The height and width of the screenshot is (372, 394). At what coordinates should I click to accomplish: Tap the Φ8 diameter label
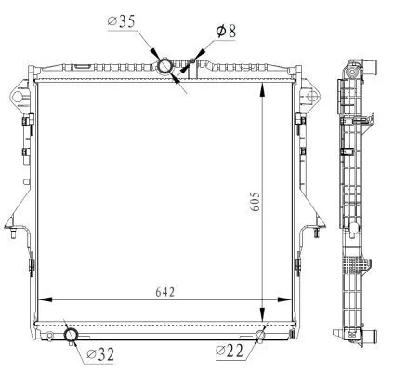[x=226, y=31]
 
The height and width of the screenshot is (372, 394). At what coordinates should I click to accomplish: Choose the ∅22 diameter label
[x=230, y=351]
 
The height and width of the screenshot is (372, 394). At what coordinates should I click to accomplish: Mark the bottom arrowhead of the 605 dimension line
[x=268, y=316]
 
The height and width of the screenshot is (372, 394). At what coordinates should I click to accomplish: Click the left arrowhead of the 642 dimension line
[x=43, y=299]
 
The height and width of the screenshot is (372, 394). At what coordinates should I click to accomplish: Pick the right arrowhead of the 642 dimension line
[x=290, y=299]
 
